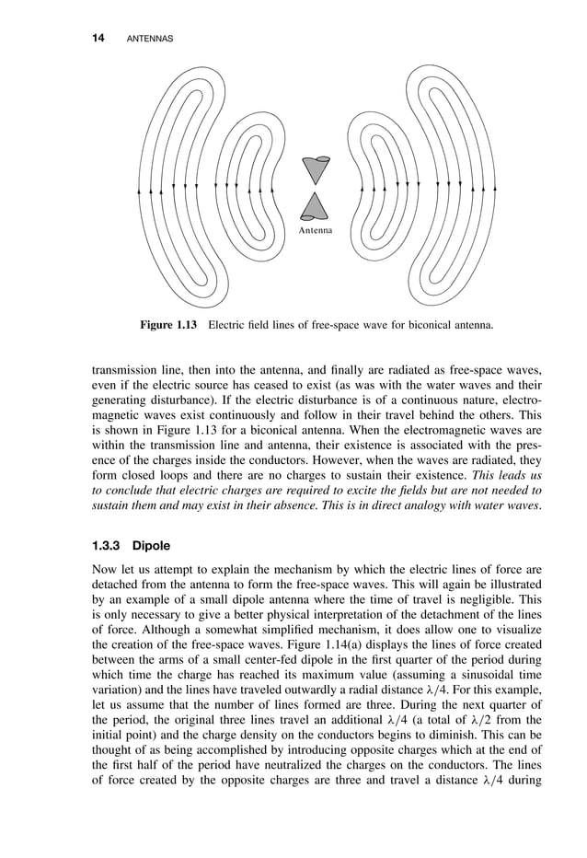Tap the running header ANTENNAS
(149, 39)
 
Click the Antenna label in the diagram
(316, 230)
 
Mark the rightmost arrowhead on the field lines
(495, 188)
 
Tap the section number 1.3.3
(106, 545)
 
